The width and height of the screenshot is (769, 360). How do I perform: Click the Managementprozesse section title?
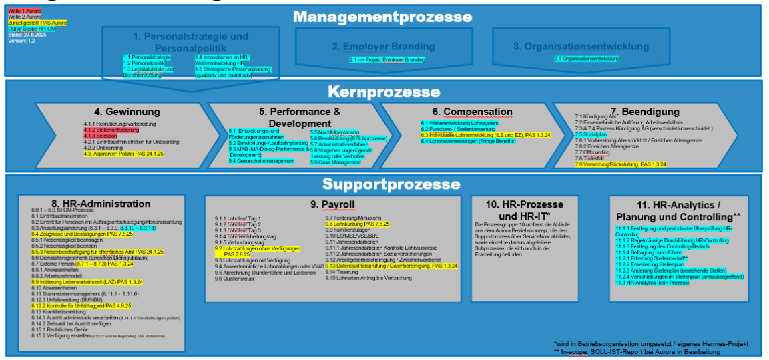pos(383,17)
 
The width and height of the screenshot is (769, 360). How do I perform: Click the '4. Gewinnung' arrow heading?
pos(127,112)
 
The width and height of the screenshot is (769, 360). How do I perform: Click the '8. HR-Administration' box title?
pos(101,204)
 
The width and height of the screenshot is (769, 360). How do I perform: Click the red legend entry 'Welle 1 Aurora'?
pos(25,11)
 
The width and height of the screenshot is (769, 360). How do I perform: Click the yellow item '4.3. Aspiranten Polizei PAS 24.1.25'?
pos(123,154)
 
